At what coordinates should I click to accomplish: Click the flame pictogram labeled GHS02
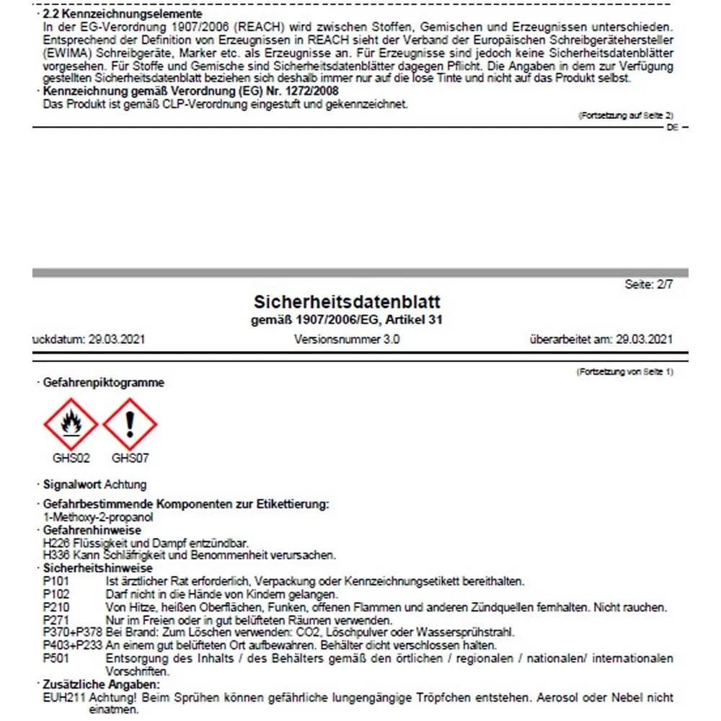click(71, 425)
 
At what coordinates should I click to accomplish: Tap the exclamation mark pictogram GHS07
click(130, 425)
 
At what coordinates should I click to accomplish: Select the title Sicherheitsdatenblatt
click(347, 301)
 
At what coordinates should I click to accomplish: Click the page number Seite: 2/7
click(649, 285)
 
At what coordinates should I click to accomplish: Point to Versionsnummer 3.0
click(347, 339)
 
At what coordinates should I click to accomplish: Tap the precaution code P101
click(56, 582)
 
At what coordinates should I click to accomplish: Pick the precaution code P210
click(56, 608)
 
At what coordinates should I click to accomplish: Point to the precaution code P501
click(56, 659)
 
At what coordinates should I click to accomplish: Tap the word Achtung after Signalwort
click(125, 485)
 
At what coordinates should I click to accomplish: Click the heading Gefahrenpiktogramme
click(103, 383)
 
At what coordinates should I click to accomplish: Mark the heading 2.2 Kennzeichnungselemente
click(123, 14)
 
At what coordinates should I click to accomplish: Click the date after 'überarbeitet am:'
click(645, 339)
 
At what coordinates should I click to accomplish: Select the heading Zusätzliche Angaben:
click(101, 684)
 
